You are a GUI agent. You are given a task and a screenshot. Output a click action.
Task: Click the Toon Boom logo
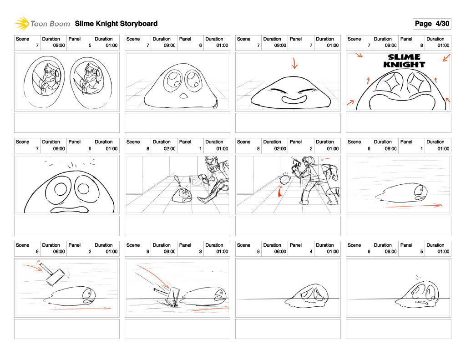(x=42, y=24)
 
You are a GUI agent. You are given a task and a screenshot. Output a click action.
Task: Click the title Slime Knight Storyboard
(x=116, y=24)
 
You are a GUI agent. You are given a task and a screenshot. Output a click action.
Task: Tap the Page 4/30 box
(x=432, y=24)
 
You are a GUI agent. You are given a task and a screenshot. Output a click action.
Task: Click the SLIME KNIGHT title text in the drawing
(x=404, y=61)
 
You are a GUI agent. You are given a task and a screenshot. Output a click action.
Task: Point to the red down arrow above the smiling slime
(x=294, y=63)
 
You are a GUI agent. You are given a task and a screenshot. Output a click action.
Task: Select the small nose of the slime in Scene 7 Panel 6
(x=184, y=96)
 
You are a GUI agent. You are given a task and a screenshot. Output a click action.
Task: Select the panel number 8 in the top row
(x=421, y=46)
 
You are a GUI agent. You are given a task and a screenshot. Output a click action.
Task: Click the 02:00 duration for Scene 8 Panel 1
(x=169, y=149)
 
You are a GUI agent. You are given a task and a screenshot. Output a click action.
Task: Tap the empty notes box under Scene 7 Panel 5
(x=67, y=123)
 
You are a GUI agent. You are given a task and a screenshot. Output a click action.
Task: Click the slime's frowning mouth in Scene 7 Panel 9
(x=70, y=209)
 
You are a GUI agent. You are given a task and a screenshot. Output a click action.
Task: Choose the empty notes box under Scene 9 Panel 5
(x=399, y=329)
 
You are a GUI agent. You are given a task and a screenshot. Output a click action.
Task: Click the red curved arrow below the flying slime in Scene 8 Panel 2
(x=280, y=192)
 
